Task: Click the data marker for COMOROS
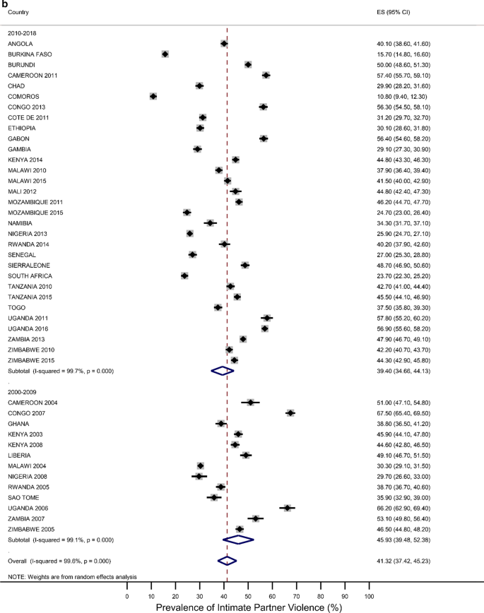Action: (153, 96)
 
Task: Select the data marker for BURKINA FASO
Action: (165, 54)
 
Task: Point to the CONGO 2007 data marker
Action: (290, 412)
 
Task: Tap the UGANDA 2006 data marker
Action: (287, 508)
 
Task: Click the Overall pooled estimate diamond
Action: (227, 561)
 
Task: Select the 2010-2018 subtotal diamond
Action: (223, 370)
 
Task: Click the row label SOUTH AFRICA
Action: (29, 275)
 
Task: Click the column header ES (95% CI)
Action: (395, 13)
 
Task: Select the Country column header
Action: (18, 13)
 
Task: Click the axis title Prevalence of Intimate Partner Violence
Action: (248, 607)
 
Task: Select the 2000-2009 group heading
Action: (23, 391)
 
